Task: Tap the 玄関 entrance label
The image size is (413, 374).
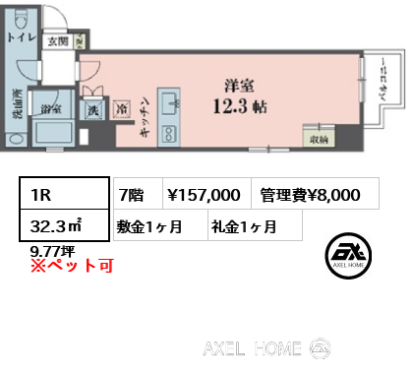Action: click(56, 41)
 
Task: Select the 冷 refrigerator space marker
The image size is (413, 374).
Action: click(122, 111)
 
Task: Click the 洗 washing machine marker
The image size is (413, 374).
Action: click(93, 111)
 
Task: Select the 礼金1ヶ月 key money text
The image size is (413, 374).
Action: click(243, 226)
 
